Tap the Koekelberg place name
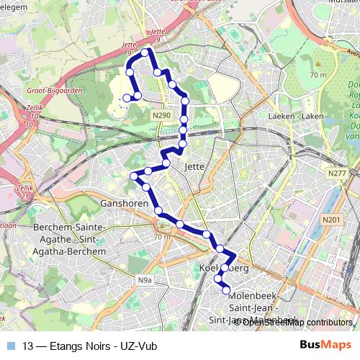(x=223, y=268)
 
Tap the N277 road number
(x=336, y=173)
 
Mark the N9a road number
(x=146, y=279)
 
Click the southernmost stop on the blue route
(x=227, y=290)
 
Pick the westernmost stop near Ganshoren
(x=133, y=176)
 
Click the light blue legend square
(x=9, y=346)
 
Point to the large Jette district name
(x=195, y=166)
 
